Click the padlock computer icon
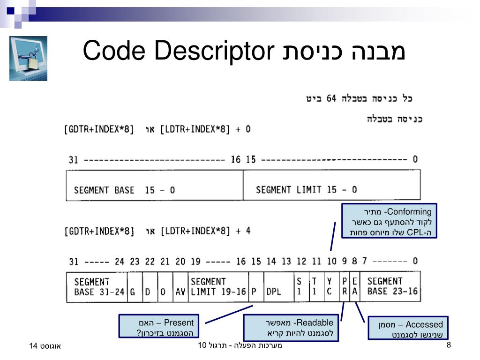(28, 58)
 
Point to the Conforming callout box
(389, 220)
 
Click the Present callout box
(159, 327)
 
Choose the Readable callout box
(291, 328)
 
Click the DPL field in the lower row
(278, 286)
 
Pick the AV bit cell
(180, 286)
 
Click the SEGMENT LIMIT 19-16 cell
(218, 286)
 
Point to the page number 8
(449, 345)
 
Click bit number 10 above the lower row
(331, 261)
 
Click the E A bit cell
(355, 286)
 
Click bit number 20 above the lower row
(180, 261)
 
